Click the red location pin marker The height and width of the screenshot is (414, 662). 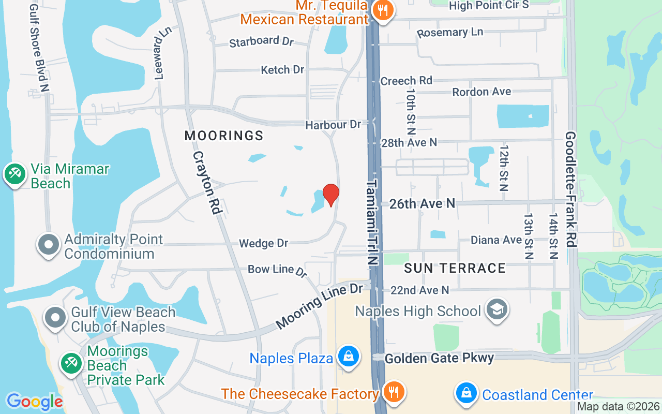(331, 195)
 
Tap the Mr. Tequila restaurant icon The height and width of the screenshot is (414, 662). (383, 10)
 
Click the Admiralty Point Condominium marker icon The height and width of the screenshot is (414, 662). (49, 245)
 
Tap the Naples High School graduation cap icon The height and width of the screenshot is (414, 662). (496, 309)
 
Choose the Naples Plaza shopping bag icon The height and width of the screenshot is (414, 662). (349, 357)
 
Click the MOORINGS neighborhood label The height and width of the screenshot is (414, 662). (224, 136)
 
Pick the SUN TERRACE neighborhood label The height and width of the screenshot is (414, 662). (455, 268)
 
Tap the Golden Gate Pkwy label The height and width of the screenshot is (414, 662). (439, 358)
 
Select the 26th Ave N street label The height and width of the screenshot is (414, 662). (422, 204)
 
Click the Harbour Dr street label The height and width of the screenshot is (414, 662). (333, 125)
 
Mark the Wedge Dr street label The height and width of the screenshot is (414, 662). (263, 243)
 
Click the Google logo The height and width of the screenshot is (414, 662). (35, 402)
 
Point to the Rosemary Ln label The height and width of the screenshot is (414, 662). (450, 32)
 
